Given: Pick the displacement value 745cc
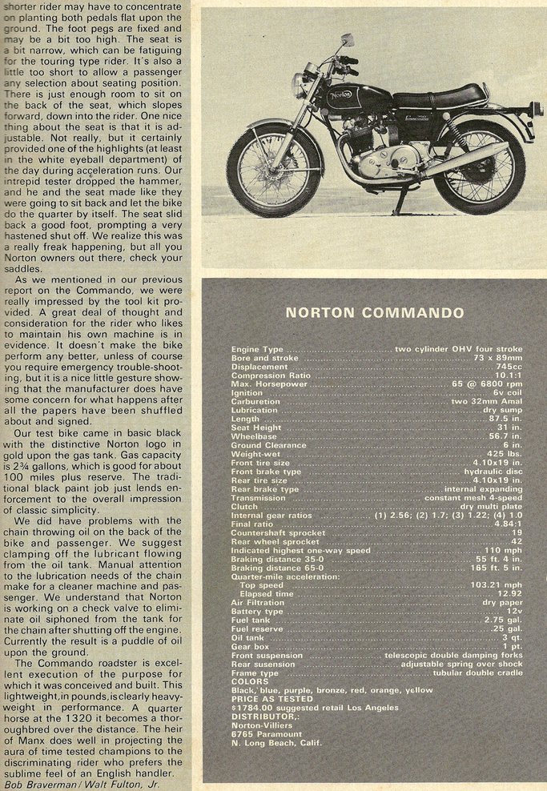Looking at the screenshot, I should [x=507, y=367].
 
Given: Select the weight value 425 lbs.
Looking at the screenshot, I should [x=503, y=454].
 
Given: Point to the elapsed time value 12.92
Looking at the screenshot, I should [x=508, y=594].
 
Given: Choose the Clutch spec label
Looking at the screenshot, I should [x=244, y=506].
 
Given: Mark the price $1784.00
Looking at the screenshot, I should [x=251, y=708].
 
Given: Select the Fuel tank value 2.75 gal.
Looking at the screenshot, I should [x=503, y=620].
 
